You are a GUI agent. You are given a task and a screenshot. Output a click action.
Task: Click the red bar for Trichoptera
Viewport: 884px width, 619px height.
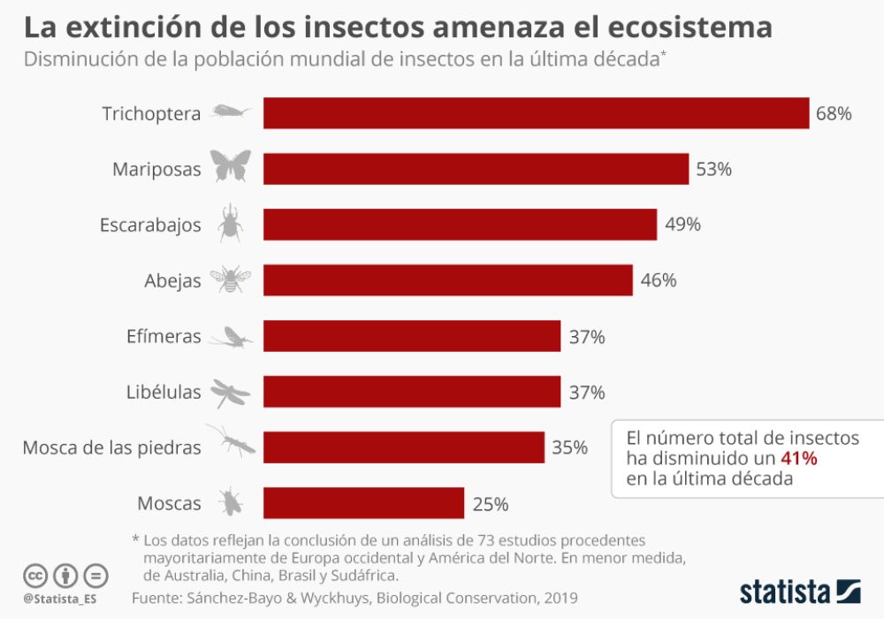point(536,113)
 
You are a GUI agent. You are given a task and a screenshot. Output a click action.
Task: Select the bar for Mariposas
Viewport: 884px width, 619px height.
point(476,169)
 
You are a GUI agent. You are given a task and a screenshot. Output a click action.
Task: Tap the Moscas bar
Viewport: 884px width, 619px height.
point(363,503)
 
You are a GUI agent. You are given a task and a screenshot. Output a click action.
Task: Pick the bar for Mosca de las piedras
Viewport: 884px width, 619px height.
point(403,447)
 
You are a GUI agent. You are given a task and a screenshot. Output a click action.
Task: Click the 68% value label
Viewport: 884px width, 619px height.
point(834,114)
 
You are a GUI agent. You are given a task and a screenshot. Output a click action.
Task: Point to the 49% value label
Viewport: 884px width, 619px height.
point(682,225)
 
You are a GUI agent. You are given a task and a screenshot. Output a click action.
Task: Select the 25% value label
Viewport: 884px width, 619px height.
point(490,504)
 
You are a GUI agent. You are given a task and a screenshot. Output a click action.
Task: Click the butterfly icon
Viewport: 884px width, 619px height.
point(231,166)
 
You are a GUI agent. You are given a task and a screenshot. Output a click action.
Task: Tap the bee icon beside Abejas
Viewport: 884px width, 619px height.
point(230,279)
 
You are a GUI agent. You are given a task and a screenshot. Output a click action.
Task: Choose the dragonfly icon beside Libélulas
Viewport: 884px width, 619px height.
point(230,392)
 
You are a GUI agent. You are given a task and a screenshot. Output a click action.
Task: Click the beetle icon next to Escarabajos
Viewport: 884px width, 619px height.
point(231,223)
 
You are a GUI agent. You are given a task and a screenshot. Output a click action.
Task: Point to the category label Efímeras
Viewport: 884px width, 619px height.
point(164,337)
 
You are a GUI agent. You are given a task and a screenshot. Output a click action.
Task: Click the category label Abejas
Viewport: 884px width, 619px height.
point(172,281)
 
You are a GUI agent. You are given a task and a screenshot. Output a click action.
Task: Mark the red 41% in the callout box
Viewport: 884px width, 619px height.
point(798,458)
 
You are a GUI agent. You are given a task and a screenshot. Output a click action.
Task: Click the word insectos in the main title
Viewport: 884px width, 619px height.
point(366,27)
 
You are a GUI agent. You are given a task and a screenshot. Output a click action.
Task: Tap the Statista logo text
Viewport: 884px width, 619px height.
point(785,590)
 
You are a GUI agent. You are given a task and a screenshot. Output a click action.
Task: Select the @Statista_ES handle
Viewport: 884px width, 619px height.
point(61,600)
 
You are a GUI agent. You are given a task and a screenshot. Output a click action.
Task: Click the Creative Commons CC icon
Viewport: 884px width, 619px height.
point(35,576)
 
